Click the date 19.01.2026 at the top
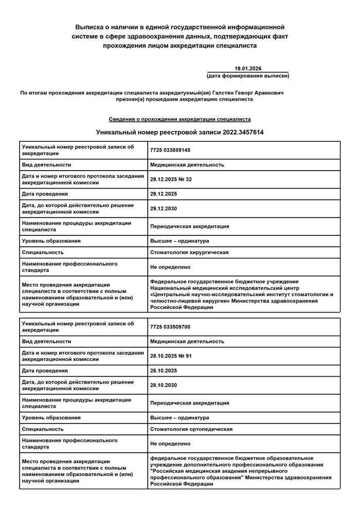(x=248, y=68)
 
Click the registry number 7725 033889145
(x=170, y=150)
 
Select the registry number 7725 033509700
(x=170, y=327)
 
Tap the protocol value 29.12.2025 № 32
(x=171, y=179)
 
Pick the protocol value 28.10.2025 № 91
(x=171, y=356)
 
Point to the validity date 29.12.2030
(x=164, y=209)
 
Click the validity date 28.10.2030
(x=164, y=385)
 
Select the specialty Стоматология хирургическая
(x=189, y=252)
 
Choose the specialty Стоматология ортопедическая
(x=191, y=429)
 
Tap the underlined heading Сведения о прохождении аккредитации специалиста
(x=180, y=119)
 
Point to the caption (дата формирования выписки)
(x=248, y=76)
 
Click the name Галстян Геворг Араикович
(x=251, y=93)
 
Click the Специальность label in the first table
(x=43, y=252)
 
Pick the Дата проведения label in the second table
(x=45, y=371)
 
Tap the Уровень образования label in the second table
(x=51, y=418)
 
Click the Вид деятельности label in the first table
(x=46, y=165)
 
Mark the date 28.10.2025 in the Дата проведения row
(x=164, y=371)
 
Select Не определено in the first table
(x=170, y=267)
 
